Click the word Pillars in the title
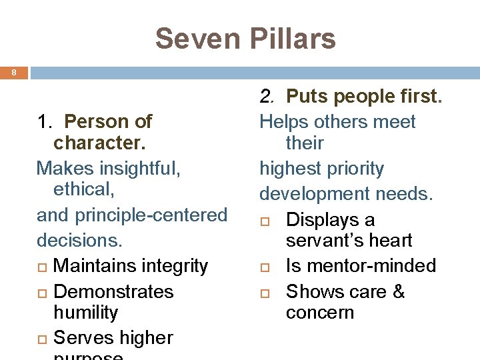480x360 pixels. click(x=291, y=39)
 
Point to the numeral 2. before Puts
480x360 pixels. click(x=267, y=97)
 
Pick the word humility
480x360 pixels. click(x=85, y=313)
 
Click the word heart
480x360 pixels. click(x=390, y=241)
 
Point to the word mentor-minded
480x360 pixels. click(x=371, y=266)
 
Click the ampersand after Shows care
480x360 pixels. click(x=398, y=292)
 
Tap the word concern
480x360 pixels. click(x=320, y=313)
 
